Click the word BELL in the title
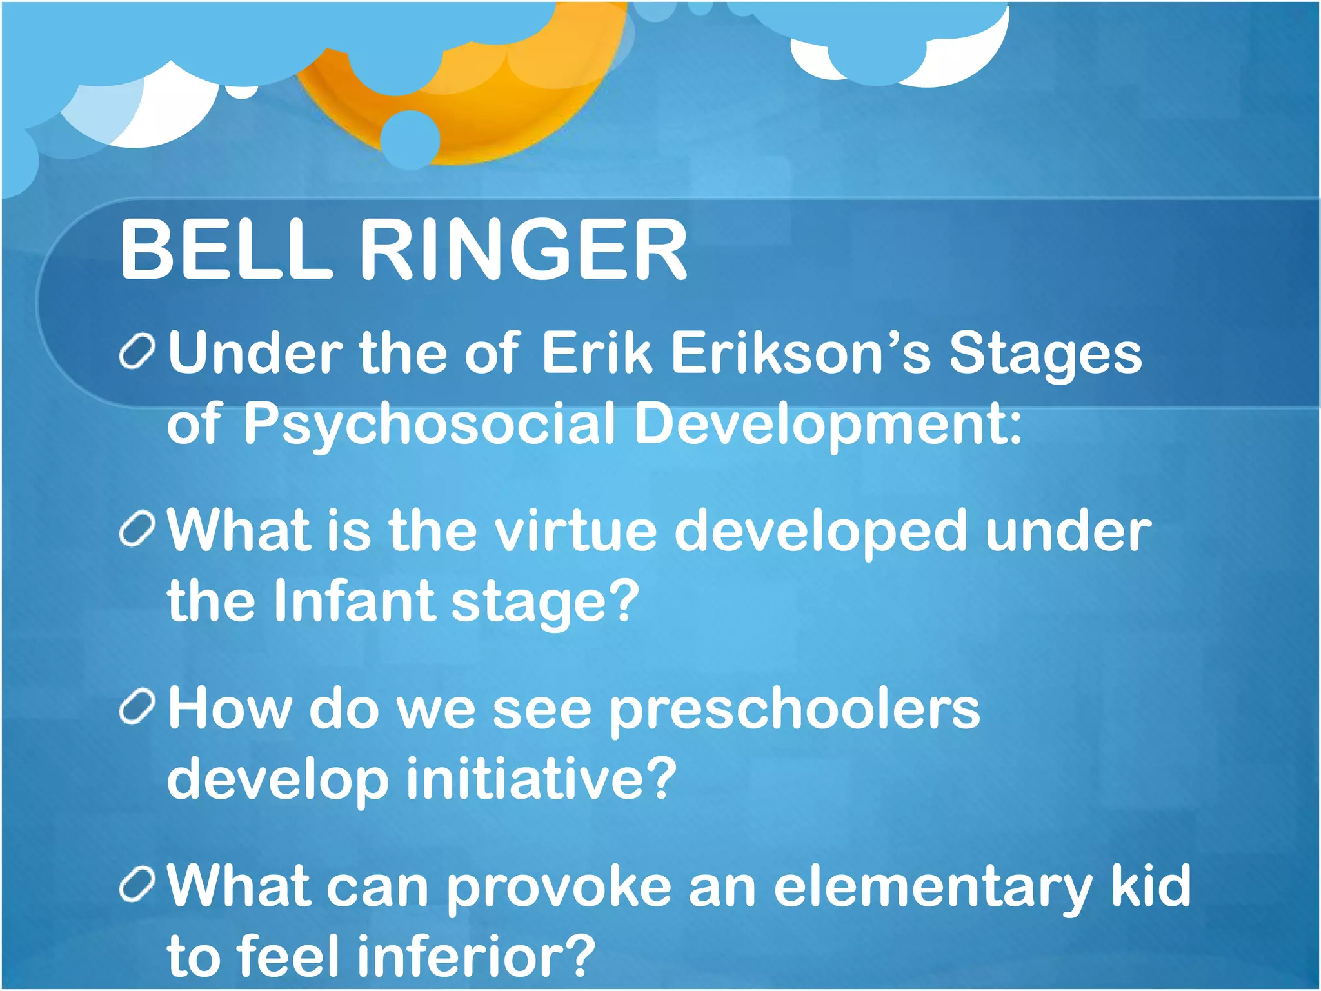(226, 250)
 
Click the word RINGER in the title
(522, 250)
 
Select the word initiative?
(542, 779)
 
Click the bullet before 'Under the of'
(137, 352)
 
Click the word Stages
(1045, 354)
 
